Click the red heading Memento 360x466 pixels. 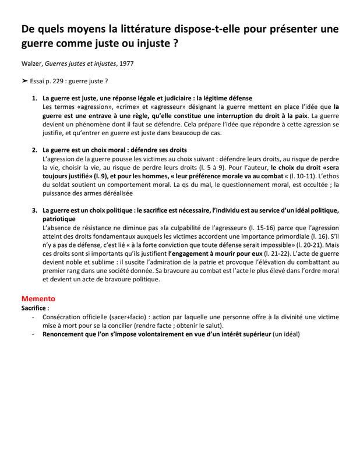pyautogui.click(x=38, y=298)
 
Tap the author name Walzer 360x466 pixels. pyautogui.click(x=33, y=62)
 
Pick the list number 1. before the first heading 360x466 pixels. pyautogui.click(x=34, y=98)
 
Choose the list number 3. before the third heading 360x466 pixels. pyautogui.click(x=34, y=210)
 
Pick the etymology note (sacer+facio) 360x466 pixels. pyautogui.click(x=126, y=317)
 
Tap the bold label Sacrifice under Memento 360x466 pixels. pyautogui.click(x=34, y=307)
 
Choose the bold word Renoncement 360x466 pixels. pyautogui.click(x=66, y=335)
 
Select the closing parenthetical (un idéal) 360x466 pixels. pyautogui.click(x=285, y=335)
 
